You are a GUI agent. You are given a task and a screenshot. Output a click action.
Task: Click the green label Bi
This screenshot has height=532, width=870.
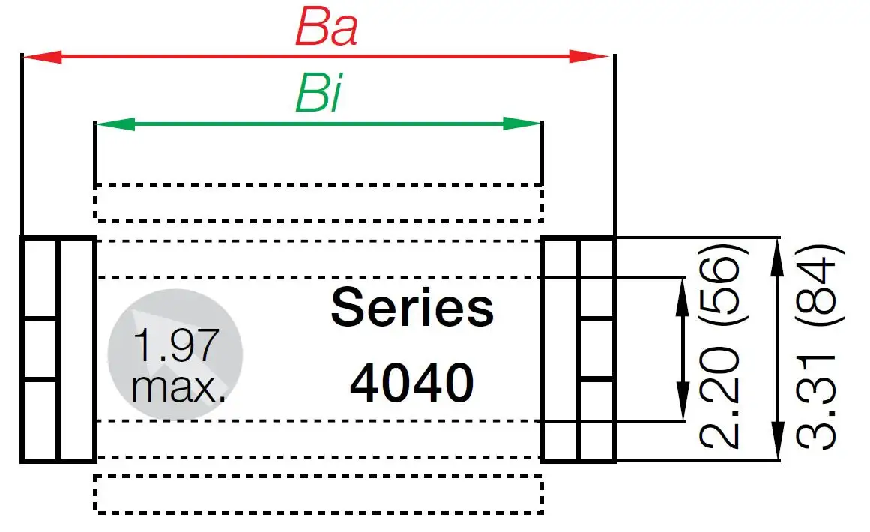click(x=318, y=95)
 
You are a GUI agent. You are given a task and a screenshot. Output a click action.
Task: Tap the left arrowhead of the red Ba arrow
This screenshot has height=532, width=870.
click(x=41, y=57)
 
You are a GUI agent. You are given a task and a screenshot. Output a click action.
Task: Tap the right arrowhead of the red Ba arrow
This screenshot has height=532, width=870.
click(x=592, y=57)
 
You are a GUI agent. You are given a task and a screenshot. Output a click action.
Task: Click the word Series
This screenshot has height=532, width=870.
click(x=412, y=309)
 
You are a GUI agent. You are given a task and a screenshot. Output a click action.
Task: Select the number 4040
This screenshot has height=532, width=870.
click(x=412, y=384)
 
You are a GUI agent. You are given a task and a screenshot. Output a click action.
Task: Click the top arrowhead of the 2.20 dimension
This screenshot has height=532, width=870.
click(x=683, y=292)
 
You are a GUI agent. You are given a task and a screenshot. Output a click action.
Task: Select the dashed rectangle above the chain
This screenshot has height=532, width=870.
click(x=318, y=202)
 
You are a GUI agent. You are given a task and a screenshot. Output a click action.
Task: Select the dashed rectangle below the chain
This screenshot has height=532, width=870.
click(x=318, y=495)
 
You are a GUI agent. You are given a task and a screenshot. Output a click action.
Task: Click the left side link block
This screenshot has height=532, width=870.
click(x=58, y=348)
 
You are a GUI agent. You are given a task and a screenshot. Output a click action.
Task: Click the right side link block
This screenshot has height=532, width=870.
click(x=578, y=348)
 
